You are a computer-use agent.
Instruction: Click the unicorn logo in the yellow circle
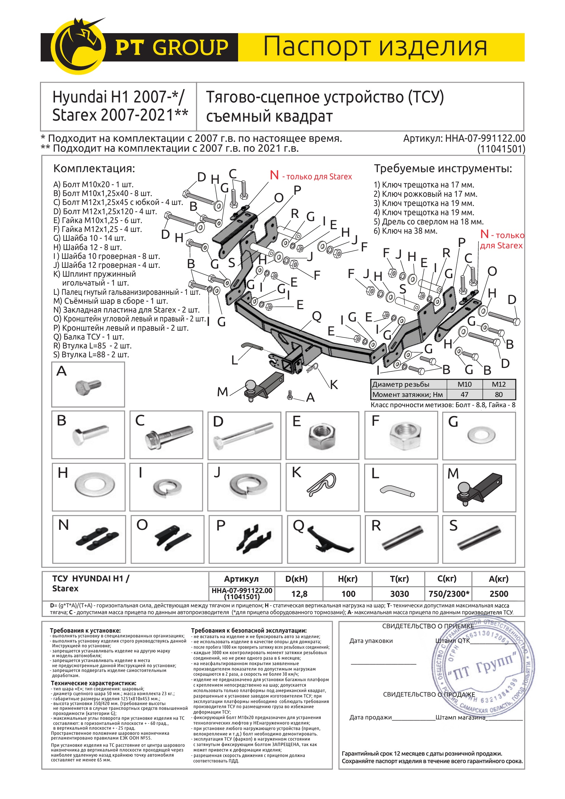point(79,46)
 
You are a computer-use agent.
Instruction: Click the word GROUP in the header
point(191,47)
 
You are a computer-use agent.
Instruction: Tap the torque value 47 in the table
point(464,394)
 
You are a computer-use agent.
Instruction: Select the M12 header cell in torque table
point(498,384)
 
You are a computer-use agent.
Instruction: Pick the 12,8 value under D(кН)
point(299,594)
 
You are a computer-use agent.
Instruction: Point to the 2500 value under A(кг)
point(498,594)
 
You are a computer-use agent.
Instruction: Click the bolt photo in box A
point(88,386)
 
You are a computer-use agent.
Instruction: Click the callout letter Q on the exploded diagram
point(317,316)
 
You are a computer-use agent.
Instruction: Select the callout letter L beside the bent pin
point(235,360)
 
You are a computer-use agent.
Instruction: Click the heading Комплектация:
point(94,168)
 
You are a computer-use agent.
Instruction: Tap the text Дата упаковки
point(371,641)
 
